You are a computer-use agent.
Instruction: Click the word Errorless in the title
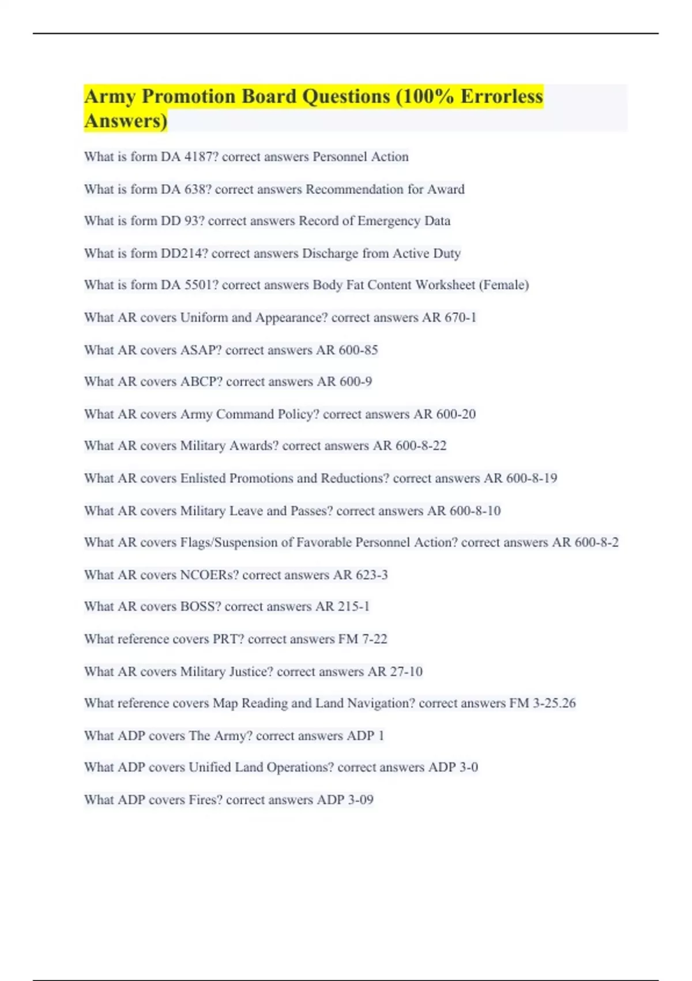pyautogui.click(x=501, y=96)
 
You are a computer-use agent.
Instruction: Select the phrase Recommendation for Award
pyautogui.click(x=385, y=189)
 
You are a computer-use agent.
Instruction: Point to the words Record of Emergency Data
pyautogui.click(x=374, y=221)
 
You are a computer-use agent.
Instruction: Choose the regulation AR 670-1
pyautogui.click(x=449, y=317)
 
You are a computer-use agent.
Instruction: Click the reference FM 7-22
pyautogui.click(x=363, y=639)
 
